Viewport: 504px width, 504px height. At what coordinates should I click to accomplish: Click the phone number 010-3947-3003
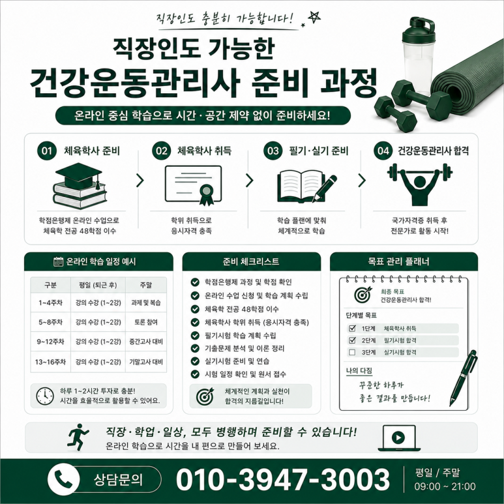[x=283, y=479]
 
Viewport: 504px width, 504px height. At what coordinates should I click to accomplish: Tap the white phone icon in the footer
[x=63, y=479]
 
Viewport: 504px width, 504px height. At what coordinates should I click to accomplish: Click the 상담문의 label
[x=118, y=480]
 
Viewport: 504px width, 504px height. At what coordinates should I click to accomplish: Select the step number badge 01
[x=47, y=151]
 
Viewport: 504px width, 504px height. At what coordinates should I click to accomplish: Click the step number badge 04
[x=383, y=151]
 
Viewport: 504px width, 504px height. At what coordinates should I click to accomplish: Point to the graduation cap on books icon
[x=80, y=186]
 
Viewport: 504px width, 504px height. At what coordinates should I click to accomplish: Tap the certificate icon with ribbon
[x=194, y=185]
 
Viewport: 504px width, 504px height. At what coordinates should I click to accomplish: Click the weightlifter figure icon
[x=419, y=184]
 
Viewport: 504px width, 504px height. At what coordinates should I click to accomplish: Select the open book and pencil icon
[x=306, y=186]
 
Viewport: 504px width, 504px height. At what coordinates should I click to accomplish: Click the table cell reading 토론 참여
[x=146, y=322]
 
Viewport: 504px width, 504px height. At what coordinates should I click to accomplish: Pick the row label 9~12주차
[x=50, y=342]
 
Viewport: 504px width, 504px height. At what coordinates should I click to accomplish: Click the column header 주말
[x=146, y=285]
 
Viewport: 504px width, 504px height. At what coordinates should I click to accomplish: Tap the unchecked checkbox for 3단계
[x=352, y=352]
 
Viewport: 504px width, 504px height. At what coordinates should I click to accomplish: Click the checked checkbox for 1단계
[x=352, y=328]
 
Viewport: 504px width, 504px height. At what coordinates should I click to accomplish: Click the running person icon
[x=78, y=437]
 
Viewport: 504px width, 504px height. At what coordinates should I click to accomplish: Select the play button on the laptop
[x=398, y=437]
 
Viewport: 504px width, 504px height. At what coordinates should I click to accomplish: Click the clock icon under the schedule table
[x=45, y=396]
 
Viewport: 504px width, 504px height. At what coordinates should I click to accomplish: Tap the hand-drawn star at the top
[x=314, y=17]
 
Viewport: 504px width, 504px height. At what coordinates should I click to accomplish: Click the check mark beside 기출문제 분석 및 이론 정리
[x=195, y=348]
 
